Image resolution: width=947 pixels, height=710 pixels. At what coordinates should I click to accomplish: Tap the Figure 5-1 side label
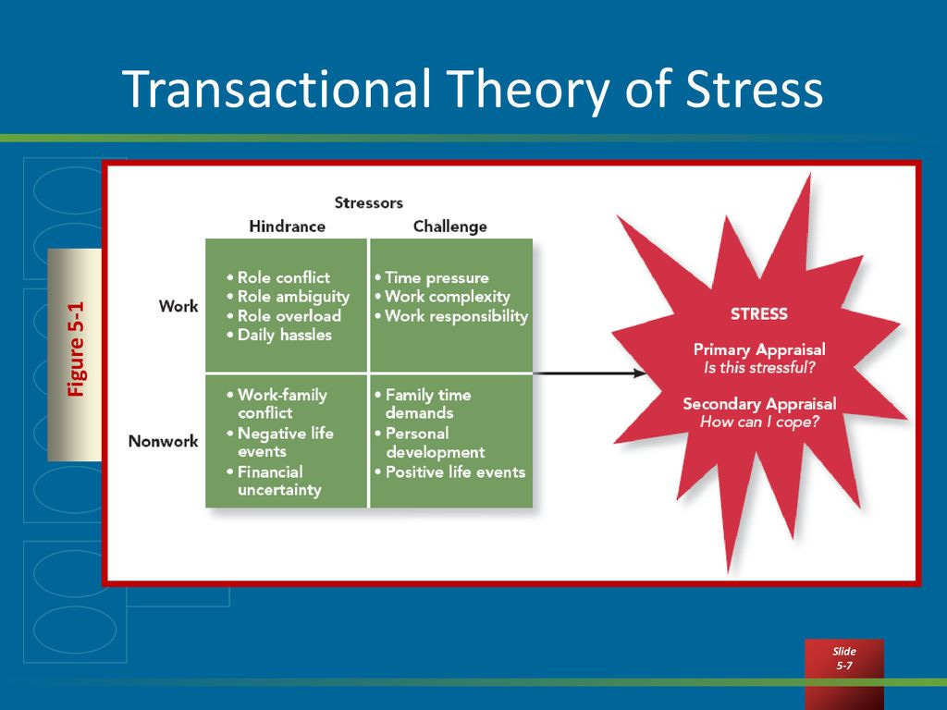tap(76, 349)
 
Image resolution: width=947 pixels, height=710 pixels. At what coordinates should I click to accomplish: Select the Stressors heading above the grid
tap(368, 202)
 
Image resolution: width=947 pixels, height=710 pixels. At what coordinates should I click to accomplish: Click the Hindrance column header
tap(287, 226)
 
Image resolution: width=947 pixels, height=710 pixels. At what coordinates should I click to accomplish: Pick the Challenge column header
tap(450, 226)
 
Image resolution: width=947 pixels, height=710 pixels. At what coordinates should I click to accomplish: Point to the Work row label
tap(178, 306)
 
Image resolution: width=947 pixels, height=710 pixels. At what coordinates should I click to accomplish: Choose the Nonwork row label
tap(163, 441)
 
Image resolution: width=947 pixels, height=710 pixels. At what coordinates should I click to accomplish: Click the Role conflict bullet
tap(278, 277)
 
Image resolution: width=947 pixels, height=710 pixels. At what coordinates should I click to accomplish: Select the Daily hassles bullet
tap(279, 335)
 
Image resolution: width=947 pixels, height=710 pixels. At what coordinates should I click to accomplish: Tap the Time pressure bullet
tap(431, 277)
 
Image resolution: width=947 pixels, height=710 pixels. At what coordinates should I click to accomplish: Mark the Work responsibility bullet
tap(451, 316)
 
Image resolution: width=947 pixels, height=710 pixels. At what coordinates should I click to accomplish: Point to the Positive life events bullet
tap(450, 472)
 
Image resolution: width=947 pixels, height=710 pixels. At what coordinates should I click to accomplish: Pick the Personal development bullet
tap(429, 443)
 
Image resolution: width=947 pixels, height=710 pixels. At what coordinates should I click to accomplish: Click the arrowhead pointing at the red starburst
tap(640, 373)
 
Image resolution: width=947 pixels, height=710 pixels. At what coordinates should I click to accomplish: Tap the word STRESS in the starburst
tap(759, 314)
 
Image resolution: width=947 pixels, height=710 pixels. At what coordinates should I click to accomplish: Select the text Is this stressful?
tap(759, 368)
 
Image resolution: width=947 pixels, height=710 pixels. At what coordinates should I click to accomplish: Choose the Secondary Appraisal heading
tap(759, 404)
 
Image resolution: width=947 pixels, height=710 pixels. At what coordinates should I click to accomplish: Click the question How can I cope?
tap(759, 422)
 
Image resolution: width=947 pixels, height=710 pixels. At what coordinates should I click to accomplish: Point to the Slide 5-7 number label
tap(843, 658)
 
